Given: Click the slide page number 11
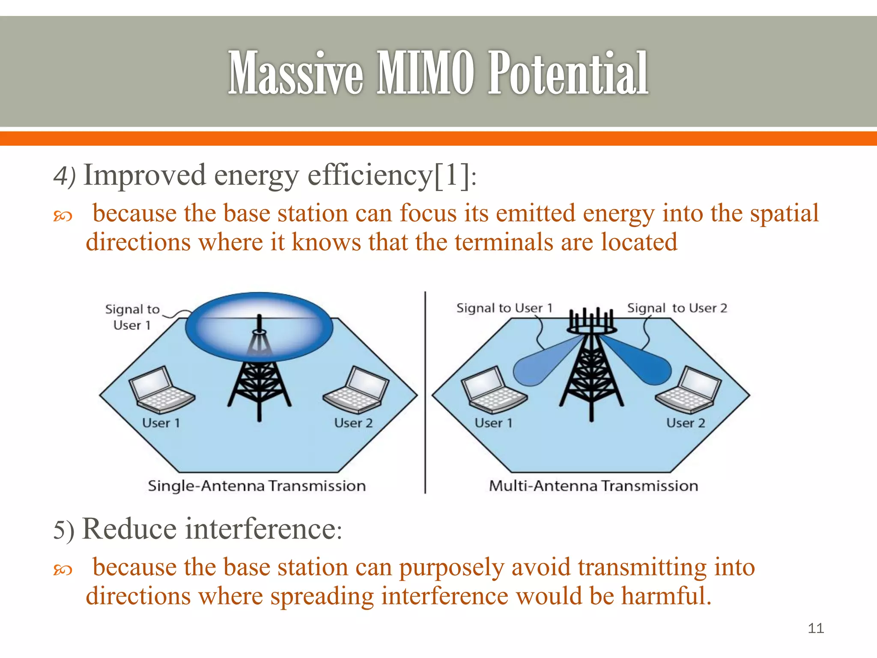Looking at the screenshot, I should coord(815,628).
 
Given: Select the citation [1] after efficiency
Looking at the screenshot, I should coord(452,176).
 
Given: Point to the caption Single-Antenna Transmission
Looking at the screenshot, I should coord(257,486).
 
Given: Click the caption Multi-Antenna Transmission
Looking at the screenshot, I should coord(594,486).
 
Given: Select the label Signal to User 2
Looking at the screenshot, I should coord(677,308).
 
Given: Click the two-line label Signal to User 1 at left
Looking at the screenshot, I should coord(132,317).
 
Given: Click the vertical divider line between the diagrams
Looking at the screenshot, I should coord(425,392).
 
